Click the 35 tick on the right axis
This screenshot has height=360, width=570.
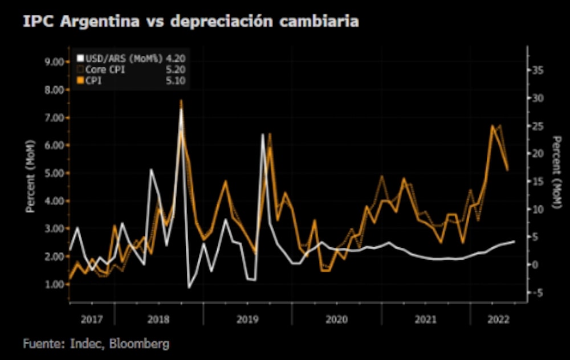(538, 70)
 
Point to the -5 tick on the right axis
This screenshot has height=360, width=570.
(537, 292)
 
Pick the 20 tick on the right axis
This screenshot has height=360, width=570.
(538, 153)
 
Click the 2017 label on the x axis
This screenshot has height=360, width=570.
(92, 320)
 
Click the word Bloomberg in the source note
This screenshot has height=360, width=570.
(140, 344)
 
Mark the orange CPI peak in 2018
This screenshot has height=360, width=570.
(181, 101)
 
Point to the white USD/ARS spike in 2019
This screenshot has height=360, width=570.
(263, 134)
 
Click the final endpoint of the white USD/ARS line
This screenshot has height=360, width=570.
(515, 242)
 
